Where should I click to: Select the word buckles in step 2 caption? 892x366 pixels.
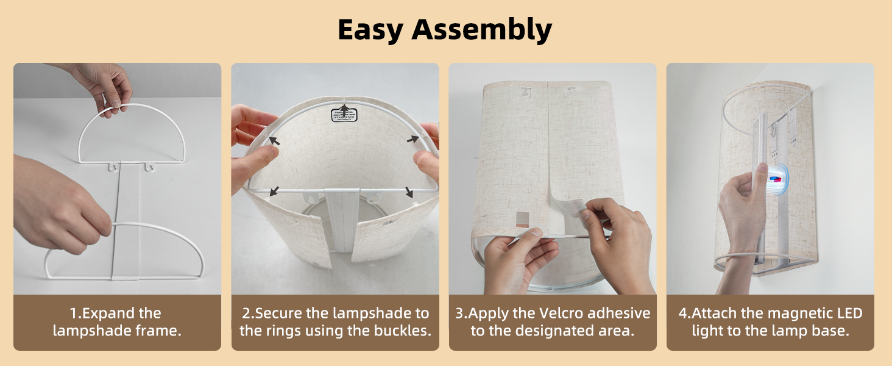click(x=403, y=331)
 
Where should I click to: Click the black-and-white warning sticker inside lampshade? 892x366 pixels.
click(x=344, y=115)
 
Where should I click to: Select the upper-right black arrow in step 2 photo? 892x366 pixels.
click(x=413, y=138)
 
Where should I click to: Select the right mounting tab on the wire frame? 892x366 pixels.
click(x=147, y=166)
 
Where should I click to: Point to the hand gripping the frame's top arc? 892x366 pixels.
click(x=107, y=88)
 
